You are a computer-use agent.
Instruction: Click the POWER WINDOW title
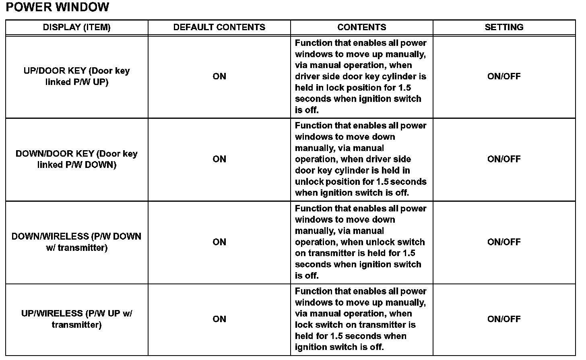coord(58,7)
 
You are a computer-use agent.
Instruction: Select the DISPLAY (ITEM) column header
coord(76,27)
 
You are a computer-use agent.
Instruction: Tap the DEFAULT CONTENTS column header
coord(219,27)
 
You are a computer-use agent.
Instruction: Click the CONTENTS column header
coord(361,27)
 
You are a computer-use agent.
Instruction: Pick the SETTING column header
coord(504,27)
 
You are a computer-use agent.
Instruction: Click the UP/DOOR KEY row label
coord(76,77)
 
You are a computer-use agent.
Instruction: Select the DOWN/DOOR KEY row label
coord(76,159)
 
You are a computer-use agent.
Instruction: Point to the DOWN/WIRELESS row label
coord(76,242)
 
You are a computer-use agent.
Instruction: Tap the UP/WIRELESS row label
coord(76,319)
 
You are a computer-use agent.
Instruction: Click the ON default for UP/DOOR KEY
coord(219,77)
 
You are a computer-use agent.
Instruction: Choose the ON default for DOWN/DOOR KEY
coord(219,159)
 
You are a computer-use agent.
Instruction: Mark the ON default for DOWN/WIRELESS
coord(219,242)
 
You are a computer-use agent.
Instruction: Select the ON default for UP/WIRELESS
coord(219,319)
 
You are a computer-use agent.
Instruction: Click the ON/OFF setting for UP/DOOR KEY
coord(504,77)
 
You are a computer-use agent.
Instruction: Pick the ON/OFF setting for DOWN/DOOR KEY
coord(504,159)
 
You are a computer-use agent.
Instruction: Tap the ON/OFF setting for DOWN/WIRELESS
coord(504,242)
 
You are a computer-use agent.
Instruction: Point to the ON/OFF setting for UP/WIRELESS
coord(504,319)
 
